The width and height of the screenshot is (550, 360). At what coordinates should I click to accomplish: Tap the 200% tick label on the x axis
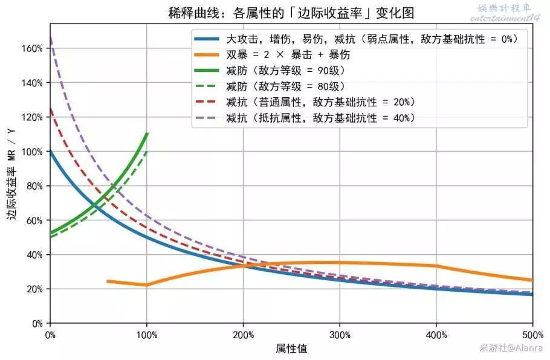(242, 335)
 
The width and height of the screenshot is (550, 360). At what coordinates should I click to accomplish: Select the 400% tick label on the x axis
(436, 335)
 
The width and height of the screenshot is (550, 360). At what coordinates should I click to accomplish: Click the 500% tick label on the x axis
(532, 335)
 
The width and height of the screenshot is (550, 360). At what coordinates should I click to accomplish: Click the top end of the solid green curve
(147, 133)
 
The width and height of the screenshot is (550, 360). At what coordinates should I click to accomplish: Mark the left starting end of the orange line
(108, 281)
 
